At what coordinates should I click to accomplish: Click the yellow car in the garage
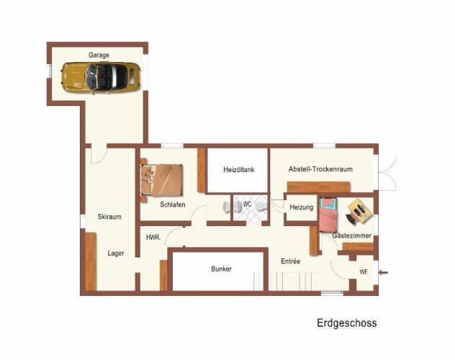[101, 77]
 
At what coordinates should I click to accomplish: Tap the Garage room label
[99, 55]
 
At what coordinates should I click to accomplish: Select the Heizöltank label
[239, 169]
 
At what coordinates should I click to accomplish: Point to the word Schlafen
[173, 204]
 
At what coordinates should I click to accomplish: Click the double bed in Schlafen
[162, 180]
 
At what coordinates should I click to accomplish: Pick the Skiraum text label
[109, 217]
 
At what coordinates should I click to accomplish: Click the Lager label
[116, 253]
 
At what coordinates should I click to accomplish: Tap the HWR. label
[153, 238]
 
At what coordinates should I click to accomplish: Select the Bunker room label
[222, 269]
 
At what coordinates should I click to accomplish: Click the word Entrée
[290, 261]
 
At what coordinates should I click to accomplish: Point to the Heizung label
[302, 207]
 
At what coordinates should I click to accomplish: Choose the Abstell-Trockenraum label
[320, 168]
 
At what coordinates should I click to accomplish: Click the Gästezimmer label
[352, 235]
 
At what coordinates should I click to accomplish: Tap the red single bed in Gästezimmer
[328, 215]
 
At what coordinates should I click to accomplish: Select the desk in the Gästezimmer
[360, 211]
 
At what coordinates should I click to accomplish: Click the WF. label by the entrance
[364, 272]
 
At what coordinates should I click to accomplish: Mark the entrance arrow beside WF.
[384, 272]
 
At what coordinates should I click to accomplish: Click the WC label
[247, 204]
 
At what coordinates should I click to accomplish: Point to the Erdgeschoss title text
[347, 323]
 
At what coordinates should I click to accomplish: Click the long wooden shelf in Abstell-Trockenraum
[319, 186]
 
